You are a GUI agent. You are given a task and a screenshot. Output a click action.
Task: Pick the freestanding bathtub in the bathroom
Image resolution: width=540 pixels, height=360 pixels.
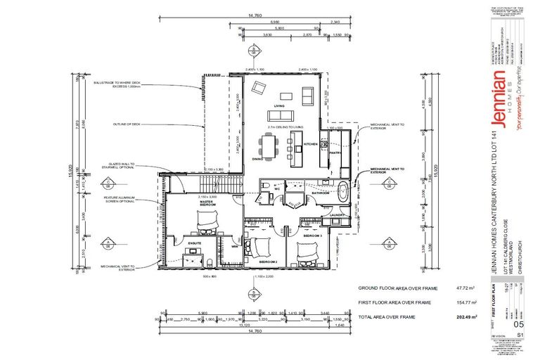point(342,191)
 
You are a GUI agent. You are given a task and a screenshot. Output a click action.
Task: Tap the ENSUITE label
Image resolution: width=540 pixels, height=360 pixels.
point(195,243)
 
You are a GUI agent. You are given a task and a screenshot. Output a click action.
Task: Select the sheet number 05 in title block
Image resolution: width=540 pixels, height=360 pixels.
point(520,324)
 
